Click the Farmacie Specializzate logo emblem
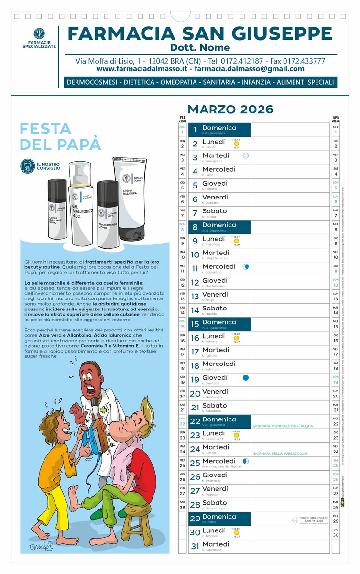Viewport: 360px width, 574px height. click(39, 34)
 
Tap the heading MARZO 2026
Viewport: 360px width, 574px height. click(230, 109)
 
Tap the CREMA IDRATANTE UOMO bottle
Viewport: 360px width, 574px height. click(57, 210)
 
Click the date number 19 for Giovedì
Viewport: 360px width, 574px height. click(195, 380)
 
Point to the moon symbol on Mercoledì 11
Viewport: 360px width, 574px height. click(246, 266)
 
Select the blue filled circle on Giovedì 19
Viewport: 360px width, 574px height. click(246, 378)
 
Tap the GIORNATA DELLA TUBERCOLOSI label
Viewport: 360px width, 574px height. click(280, 453)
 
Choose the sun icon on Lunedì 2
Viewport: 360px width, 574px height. click(236, 143)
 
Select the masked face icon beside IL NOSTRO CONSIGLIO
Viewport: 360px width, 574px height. click(27, 166)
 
